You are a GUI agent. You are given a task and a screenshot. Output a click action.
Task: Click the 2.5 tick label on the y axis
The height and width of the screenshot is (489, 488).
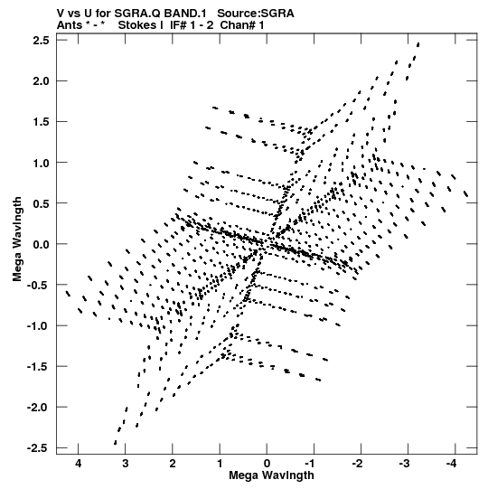[42, 41]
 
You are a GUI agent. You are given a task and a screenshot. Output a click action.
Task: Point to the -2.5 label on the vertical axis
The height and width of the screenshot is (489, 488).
[37, 448]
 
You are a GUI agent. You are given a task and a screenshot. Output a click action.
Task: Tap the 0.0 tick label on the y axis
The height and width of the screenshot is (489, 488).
[42, 244]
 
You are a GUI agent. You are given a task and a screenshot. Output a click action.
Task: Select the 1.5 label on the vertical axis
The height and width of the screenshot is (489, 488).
[42, 122]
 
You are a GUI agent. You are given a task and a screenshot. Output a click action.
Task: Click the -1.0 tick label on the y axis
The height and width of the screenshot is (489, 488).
[37, 326]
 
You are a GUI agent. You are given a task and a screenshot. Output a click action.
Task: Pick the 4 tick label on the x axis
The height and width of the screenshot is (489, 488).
[78, 464]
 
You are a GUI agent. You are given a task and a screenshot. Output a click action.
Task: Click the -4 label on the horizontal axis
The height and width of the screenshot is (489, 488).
[451, 464]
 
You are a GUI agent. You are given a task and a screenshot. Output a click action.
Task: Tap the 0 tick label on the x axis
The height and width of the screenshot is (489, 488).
[267, 464]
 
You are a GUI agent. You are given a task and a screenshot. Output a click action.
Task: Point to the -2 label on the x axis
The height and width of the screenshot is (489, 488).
[357, 464]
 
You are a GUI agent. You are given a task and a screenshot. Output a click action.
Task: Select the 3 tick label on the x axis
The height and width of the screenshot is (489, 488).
[125, 464]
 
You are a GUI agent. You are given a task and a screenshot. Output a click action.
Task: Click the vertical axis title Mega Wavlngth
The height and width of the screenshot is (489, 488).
[17, 240]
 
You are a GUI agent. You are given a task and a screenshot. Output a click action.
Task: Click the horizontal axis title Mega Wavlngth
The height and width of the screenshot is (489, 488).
[271, 475]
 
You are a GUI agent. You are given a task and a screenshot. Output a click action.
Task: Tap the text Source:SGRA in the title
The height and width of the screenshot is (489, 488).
[256, 14]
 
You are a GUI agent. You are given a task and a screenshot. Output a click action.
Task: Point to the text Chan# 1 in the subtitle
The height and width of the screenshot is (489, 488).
[242, 25]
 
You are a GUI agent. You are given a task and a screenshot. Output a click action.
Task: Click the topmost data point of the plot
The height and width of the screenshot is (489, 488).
[418, 44]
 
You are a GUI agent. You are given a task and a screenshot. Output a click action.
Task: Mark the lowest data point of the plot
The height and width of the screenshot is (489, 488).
[116, 443]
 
